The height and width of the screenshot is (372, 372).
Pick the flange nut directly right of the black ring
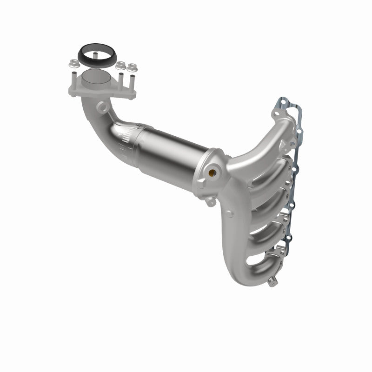tap(120, 65)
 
